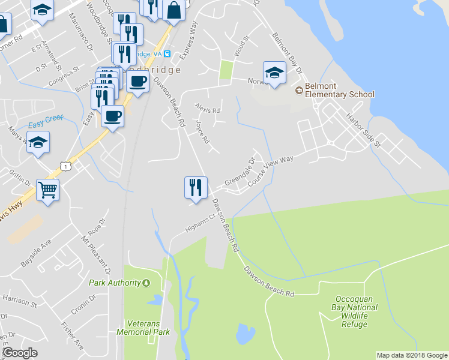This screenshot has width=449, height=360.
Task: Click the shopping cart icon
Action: click(47, 190)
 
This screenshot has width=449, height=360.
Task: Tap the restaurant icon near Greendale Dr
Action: click(196, 187)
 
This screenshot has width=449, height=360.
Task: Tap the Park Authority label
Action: click(115, 283)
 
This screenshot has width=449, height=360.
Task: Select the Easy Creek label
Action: click(46, 122)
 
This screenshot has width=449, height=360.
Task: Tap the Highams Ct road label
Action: click(200, 223)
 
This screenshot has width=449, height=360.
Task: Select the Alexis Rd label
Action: click(208, 108)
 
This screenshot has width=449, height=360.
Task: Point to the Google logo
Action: click(20, 353)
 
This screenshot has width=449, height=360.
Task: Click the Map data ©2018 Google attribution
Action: click(411, 355)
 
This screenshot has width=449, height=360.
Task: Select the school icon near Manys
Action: click(38, 143)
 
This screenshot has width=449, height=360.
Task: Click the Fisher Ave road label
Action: click(72, 336)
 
